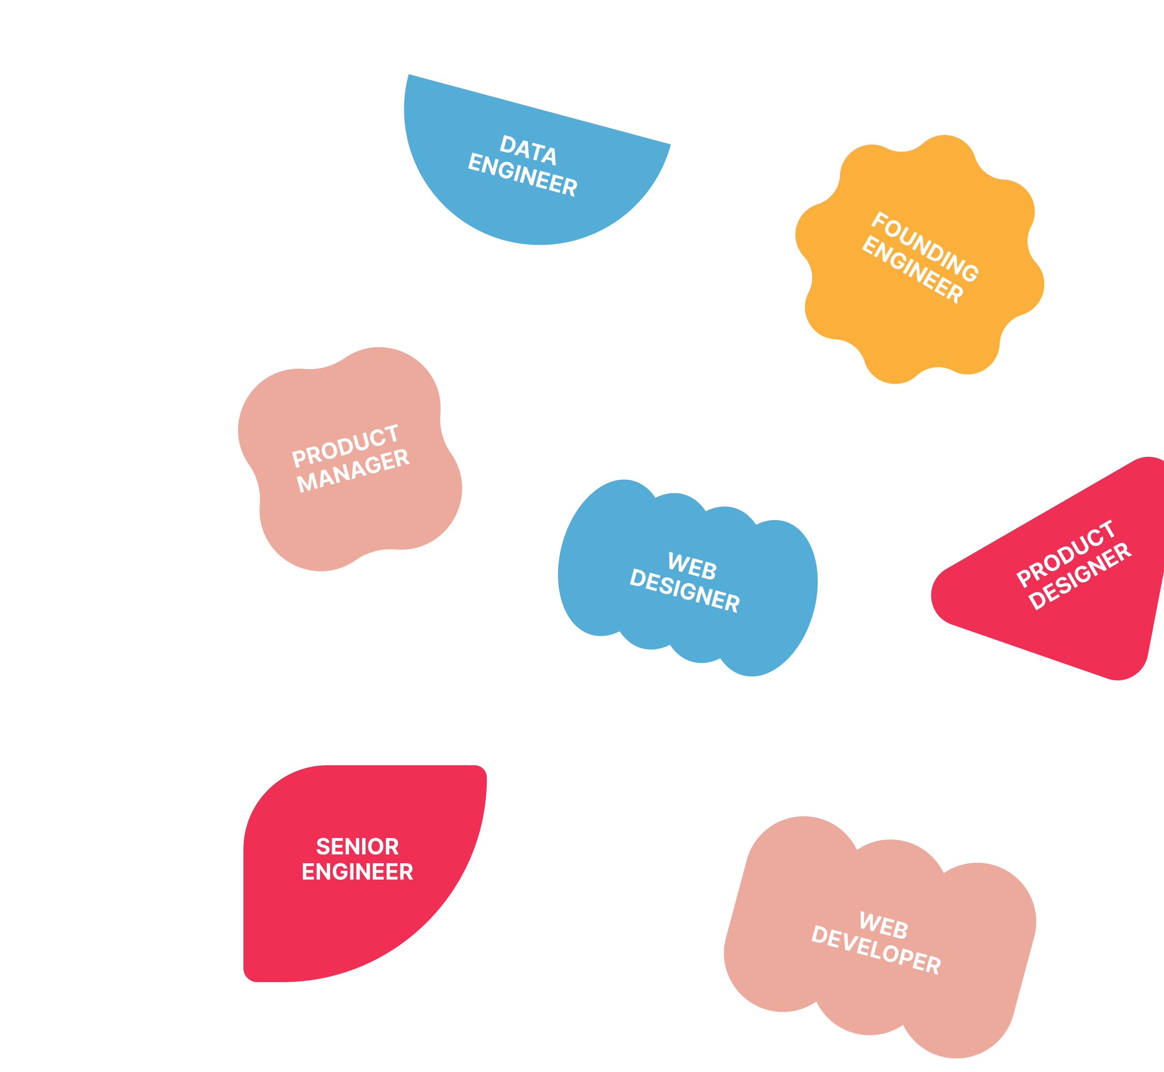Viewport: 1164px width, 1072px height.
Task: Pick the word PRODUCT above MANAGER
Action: tap(346, 446)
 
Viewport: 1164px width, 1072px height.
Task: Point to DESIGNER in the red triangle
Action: tap(1080, 576)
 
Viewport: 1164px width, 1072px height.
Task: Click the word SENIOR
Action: tap(357, 846)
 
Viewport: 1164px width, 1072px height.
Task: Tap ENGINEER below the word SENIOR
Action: tap(357, 871)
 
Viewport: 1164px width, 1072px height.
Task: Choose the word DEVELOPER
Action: tap(876, 951)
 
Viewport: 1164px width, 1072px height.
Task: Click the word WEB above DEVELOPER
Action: tap(883, 925)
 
